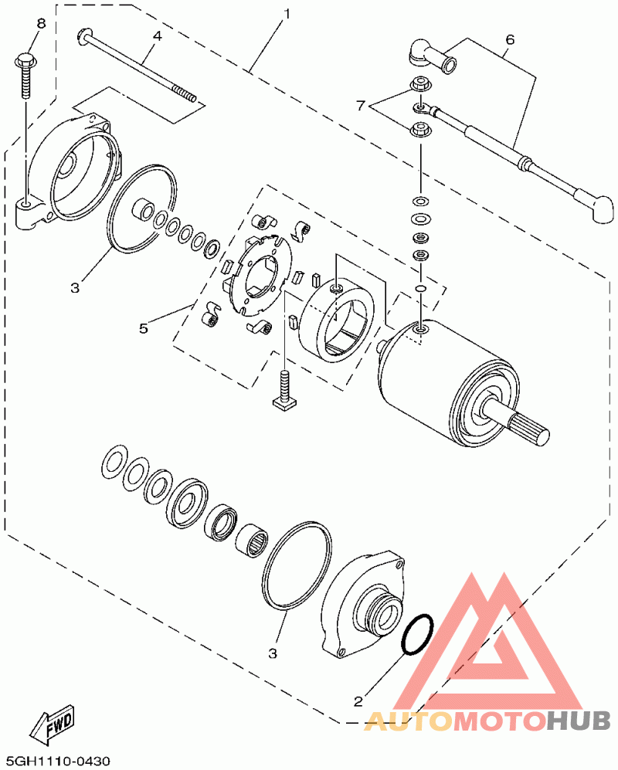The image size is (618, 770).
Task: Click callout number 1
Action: coord(286,14)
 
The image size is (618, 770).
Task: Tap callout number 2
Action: coord(358,700)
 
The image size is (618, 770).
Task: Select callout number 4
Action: coord(157,36)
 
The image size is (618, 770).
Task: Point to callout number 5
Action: coord(143,328)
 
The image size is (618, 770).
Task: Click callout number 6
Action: coord(509,39)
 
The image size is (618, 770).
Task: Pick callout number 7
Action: coord(361,105)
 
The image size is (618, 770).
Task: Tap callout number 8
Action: coord(41,23)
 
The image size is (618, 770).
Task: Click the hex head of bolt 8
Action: coord(25,60)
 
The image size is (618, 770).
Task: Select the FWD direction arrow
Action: coord(53,725)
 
